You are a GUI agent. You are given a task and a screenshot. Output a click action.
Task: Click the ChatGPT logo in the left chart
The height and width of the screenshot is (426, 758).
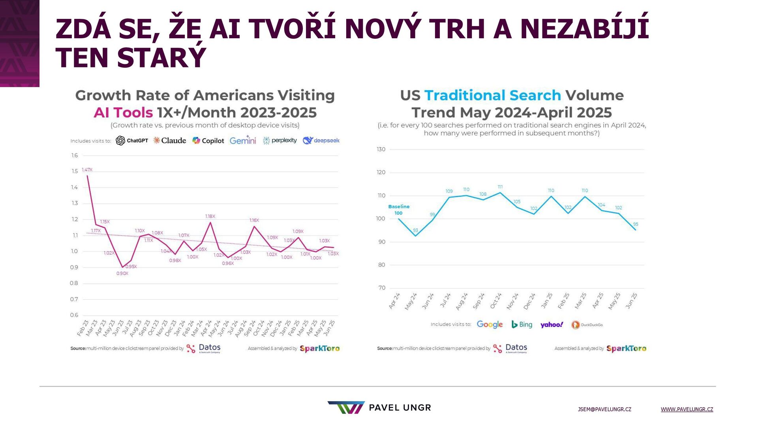tap(132, 140)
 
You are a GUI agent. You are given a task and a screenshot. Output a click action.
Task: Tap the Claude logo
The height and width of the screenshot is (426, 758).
tap(170, 140)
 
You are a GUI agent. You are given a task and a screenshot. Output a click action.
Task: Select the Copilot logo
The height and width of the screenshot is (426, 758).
tap(208, 140)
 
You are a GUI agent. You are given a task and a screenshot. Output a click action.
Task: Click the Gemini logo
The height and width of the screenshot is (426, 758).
tap(243, 140)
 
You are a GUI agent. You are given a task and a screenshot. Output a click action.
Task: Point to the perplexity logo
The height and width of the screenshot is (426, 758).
tap(280, 140)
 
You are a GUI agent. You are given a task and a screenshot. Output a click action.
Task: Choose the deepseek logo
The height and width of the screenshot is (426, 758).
tap(321, 140)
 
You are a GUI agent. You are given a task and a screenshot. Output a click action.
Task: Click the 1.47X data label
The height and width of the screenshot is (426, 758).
tap(87, 170)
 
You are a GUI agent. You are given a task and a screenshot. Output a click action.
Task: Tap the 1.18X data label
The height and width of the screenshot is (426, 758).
tap(210, 216)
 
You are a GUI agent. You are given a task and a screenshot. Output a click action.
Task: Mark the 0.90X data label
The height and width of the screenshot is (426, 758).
tap(122, 273)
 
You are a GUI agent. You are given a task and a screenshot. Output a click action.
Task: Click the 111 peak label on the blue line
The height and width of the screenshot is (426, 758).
tap(500, 187)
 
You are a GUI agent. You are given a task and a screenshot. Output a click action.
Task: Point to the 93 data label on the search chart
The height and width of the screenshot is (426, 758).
tap(415, 230)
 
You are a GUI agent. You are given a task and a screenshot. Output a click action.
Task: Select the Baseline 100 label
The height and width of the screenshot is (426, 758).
tap(399, 209)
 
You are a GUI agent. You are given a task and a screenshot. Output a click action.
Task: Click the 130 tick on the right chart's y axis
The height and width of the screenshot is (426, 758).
tap(381, 149)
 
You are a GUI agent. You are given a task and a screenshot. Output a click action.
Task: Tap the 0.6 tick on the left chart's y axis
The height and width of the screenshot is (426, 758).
tap(74, 315)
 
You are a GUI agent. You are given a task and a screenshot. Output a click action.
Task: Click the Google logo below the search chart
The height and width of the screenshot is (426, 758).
tap(490, 324)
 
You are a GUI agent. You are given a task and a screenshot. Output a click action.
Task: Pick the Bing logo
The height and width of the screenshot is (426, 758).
tap(522, 324)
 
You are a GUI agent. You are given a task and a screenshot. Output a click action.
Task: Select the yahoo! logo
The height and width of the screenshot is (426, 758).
tap(552, 325)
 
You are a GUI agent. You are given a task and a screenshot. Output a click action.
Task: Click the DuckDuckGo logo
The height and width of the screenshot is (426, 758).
tap(587, 325)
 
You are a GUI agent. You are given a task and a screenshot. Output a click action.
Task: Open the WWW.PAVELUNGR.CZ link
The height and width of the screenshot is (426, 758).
tap(687, 409)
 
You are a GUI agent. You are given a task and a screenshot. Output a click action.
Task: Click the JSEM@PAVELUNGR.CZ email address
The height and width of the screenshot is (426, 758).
tap(604, 409)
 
